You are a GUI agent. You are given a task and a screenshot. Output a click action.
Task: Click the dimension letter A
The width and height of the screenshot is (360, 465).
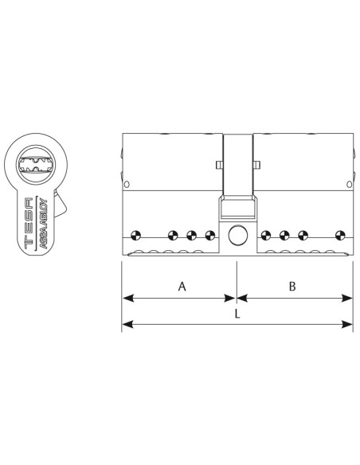[182, 287]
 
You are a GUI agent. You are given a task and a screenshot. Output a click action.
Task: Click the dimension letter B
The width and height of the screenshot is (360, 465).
[292, 287]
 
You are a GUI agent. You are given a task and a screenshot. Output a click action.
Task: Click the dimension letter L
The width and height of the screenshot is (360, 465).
[237, 314]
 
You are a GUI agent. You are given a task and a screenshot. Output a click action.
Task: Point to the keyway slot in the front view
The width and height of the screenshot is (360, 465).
[36, 164]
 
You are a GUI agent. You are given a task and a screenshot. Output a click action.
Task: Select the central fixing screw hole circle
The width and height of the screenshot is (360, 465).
[238, 235]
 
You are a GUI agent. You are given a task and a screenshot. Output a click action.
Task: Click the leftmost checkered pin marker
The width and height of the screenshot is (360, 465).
[136, 236]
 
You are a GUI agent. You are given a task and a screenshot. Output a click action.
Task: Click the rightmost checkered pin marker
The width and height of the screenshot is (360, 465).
[340, 236]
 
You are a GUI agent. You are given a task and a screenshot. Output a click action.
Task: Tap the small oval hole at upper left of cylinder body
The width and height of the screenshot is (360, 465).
[127, 185]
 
